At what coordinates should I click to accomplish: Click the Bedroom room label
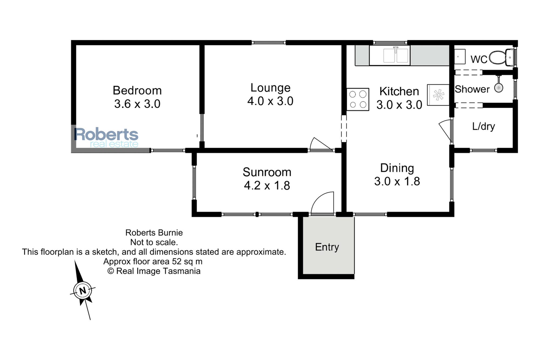coord(137,90)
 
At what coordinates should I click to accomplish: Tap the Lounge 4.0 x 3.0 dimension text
coord(270,101)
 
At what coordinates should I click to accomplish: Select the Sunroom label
coord(267,172)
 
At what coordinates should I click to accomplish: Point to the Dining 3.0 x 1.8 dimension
coord(397,181)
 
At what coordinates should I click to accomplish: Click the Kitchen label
coord(399,91)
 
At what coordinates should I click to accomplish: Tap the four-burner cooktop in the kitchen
coord(358,99)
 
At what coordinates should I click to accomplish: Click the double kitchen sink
coord(396,55)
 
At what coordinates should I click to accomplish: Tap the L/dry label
coord(484,126)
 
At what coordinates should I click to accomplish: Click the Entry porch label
coord(327,247)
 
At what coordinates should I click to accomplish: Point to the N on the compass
coord(83,291)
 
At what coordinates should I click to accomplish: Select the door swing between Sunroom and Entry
coord(322,203)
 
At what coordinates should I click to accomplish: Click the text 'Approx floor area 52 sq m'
coord(153,261)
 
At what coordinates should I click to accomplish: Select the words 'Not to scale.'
coord(154,242)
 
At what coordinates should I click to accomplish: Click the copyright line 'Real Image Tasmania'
coord(154,271)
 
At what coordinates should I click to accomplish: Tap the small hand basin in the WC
coord(460,56)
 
